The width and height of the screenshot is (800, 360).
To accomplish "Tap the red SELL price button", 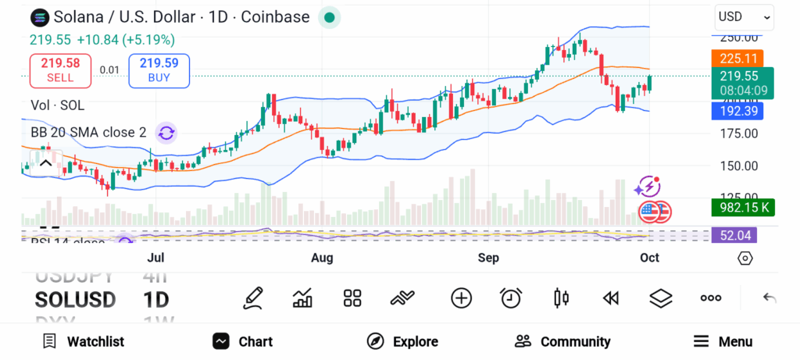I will click(x=60, y=70).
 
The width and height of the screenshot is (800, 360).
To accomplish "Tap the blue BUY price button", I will click(x=159, y=70).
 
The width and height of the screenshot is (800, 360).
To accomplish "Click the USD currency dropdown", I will click(x=744, y=16).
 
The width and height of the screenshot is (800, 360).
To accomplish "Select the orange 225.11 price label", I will click(x=737, y=58).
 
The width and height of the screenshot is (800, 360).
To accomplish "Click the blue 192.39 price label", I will click(x=737, y=111).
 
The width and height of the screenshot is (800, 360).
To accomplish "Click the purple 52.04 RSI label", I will click(x=734, y=235).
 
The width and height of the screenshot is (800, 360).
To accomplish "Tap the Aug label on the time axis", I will click(x=322, y=258).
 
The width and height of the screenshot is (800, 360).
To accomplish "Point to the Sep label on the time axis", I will click(x=488, y=258).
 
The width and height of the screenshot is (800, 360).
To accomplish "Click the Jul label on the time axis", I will click(x=155, y=258).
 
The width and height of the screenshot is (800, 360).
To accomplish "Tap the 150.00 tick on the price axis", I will click(x=738, y=166).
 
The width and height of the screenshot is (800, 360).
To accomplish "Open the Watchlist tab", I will click(x=84, y=341).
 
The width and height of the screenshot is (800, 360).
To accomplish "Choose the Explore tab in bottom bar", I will click(x=402, y=341).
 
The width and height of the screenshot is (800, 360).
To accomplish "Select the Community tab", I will click(x=562, y=341).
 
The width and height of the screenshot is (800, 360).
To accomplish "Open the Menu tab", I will click(x=723, y=341).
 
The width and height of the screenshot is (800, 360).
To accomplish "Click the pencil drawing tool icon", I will click(x=252, y=298).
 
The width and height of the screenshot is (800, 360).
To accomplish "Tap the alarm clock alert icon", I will click(x=511, y=298).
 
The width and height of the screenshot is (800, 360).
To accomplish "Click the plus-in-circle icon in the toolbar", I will click(x=462, y=298).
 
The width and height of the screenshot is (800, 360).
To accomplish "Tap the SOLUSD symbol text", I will click(x=75, y=300).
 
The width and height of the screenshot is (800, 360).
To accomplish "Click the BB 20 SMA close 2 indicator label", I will click(x=88, y=133).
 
